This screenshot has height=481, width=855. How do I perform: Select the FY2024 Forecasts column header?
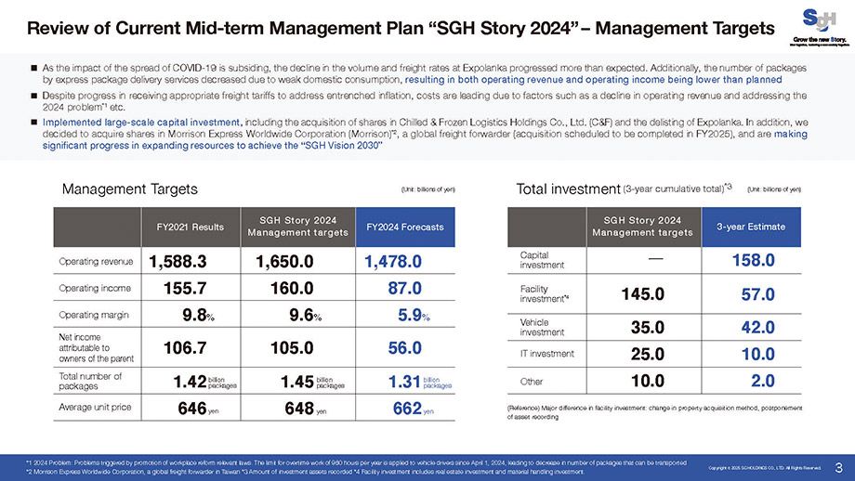(x=404, y=227)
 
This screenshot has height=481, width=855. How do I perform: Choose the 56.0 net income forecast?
(x=404, y=349)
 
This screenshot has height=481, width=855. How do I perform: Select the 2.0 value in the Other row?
(x=762, y=381)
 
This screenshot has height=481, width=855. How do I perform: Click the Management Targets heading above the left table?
(x=129, y=189)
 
